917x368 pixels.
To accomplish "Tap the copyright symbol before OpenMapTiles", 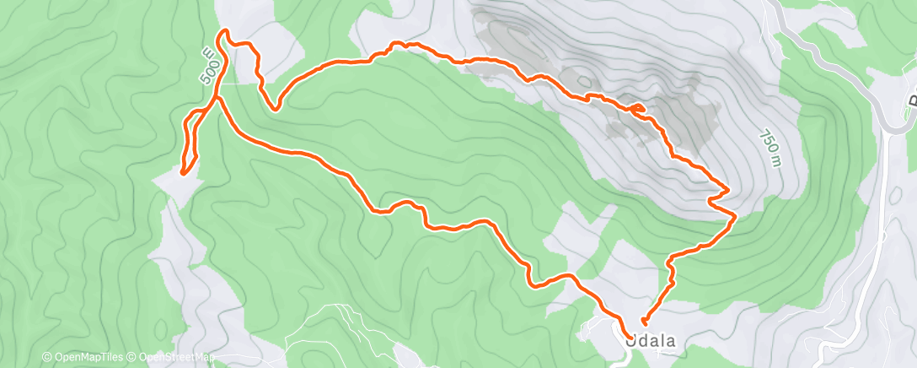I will coord(46,358).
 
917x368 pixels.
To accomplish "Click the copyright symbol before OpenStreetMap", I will coord(133,358).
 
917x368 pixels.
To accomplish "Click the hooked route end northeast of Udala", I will coord(644,321).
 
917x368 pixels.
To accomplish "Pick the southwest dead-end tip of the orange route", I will coord(183,174).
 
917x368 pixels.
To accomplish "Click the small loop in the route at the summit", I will coord(637,108).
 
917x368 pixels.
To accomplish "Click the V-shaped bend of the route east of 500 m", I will coord(274,107).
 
